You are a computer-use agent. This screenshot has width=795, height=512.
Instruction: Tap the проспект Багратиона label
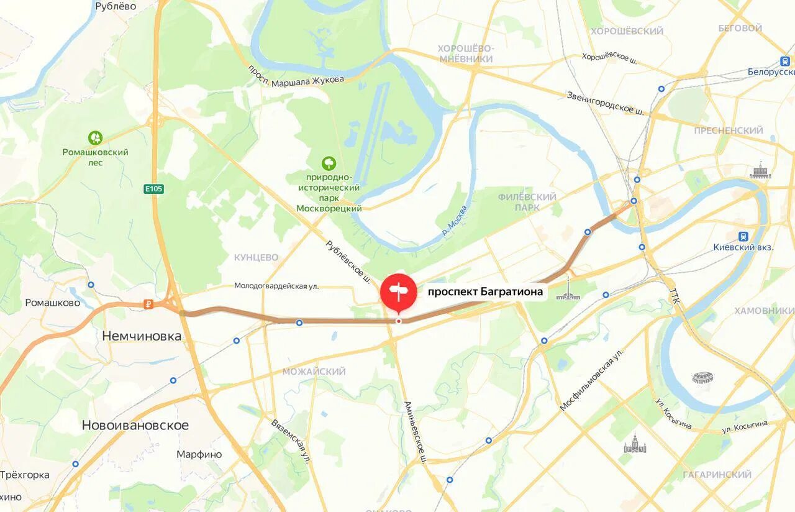tap(485, 291)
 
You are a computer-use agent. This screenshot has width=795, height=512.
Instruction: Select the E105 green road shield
tap(154, 188)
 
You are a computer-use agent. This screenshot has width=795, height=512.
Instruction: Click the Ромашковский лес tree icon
tap(95, 138)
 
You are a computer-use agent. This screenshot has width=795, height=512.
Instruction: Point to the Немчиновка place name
tap(142, 336)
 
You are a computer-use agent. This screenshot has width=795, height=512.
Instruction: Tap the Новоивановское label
tap(135, 426)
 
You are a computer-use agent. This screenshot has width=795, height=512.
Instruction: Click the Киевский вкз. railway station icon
tap(743, 236)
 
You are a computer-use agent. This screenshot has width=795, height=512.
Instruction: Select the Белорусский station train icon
tap(785, 61)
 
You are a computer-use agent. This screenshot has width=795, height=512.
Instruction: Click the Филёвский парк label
tap(527, 202)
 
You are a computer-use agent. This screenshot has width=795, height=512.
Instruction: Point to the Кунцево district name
tap(256, 257)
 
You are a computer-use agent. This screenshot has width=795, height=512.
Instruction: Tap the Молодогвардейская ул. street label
tap(276, 286)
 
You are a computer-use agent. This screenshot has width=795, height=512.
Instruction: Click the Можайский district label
tap(314, 372)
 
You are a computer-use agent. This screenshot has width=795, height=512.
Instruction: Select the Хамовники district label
tap(764, 311)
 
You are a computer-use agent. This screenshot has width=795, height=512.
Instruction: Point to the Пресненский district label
tap(728, 130)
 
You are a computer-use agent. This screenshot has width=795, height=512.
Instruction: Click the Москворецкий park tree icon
tap(329, 163)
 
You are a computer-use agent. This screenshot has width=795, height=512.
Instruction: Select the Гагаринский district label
tap(717, 475)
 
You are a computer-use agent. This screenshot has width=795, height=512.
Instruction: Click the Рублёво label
tap(116, 7)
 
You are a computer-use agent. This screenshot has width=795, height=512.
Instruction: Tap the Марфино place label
tap(199, 454)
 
